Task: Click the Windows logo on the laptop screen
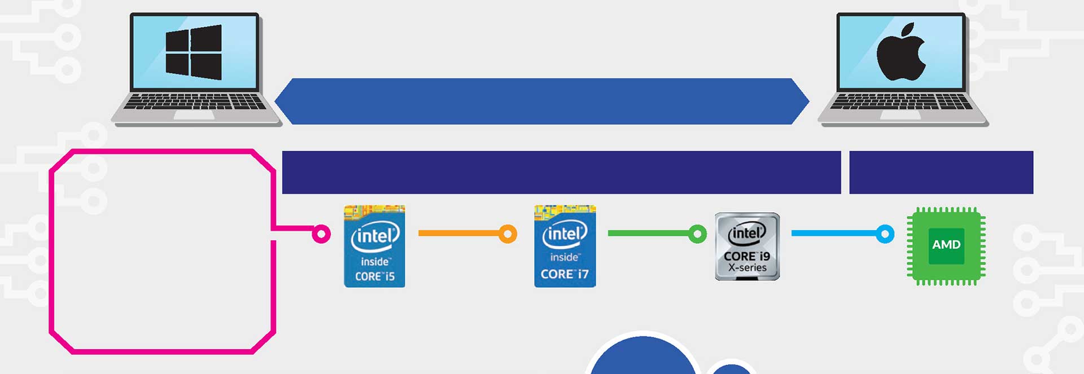click(194, 52)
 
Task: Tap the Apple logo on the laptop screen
click(901, 52)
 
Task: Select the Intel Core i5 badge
click(374, 247)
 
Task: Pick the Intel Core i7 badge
click(565, 247)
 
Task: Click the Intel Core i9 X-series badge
click(747, 247)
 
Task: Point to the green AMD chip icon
click(946, 246)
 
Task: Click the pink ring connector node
click(321, 234)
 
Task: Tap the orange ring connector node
click(508, 234)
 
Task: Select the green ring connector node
click(697, 234)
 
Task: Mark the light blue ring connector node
click(885, 234)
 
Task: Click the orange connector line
click(459, 233)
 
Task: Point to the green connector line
click(649, 233)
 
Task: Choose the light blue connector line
click(834, 233)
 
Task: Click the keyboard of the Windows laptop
click(195, 102)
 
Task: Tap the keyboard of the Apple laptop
click(901, 102)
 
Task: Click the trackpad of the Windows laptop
click(194, 115)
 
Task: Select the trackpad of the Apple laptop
click(901, 115)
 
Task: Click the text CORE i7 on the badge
click(565, 274)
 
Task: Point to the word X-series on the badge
click(747, 268)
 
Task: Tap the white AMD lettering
click(946, 245)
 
